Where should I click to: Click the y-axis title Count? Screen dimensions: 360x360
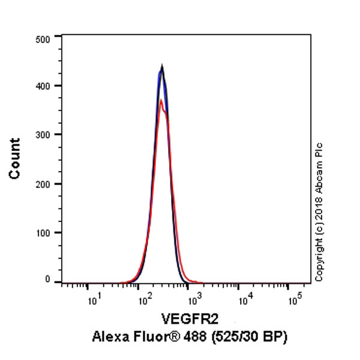coord(15,158)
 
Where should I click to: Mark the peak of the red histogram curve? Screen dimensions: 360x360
coord(161,100)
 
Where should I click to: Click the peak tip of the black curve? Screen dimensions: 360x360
coord(162,65)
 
